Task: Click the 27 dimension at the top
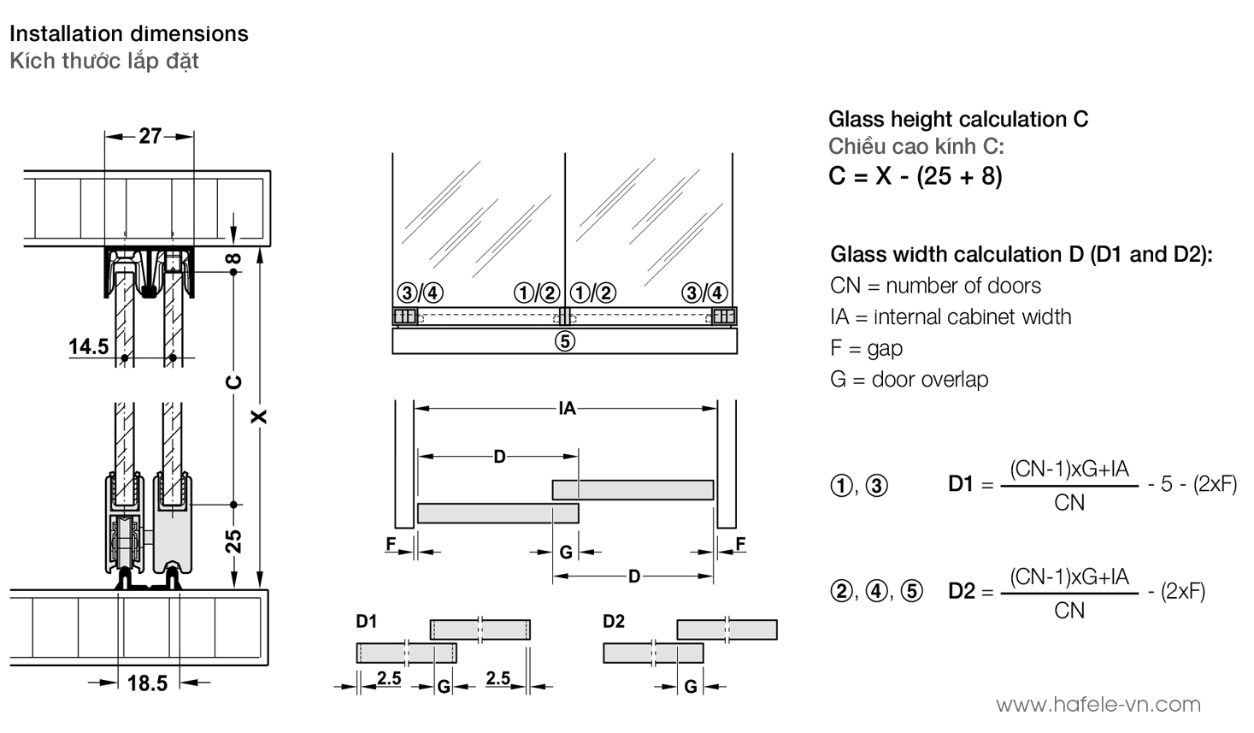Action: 150,136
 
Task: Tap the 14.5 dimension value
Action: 89,346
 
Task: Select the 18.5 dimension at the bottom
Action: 147,683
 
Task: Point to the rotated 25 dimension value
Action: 234,541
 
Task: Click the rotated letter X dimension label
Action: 260,417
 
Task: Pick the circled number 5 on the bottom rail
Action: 564,341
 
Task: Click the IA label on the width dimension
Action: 567,409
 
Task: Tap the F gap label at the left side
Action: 391,544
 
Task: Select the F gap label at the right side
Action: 740,544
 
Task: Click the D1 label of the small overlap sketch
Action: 367,622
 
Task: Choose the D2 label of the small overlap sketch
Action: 614,622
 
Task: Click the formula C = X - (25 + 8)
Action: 915,176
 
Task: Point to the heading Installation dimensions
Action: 129,34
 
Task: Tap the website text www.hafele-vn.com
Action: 1098,705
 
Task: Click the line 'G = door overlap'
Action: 909,380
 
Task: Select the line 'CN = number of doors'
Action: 935,286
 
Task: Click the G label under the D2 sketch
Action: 691,686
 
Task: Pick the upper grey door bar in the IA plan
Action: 633,489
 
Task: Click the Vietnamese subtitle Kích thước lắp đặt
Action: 104,62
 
